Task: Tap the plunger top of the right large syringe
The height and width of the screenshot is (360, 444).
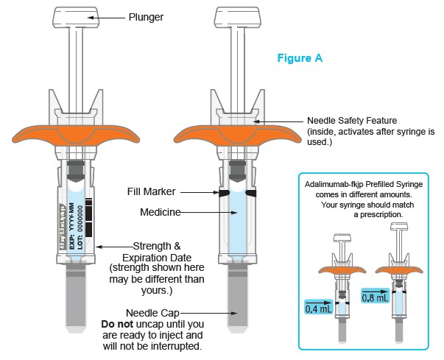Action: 236,16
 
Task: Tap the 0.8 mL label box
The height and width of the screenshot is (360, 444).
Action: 376,297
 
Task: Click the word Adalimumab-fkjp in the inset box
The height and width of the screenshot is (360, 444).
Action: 337,184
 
